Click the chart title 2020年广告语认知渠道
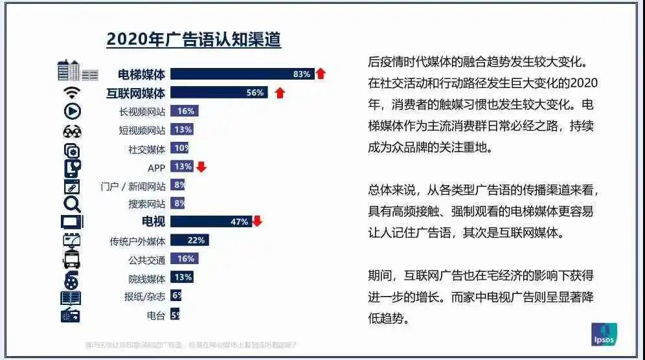pyautogui.click(x=194, y=39)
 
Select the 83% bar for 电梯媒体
pyautogui.click(x=242, y=74)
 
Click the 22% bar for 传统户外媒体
pyautogui.click(x=189, y=240)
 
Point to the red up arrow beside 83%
pyautogui.click(x=321, y=74)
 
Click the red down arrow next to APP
pyautogui.click(x=201, y=166)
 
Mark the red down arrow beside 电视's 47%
pyautogui.click(x=257, y=221)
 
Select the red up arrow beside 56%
pyautogui.click(x=280, y=93)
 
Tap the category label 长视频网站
pyautogui.click(x=142, y=111)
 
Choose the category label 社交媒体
pyautogui.click(x=147, y=149)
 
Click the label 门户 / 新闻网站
pyautogui.click(x=133, y=186)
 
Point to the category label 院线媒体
pyautogui.click(x=147, y=278)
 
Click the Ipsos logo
pyautogui.click(x=604, y=334)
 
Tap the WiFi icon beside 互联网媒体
pyautogui.click(x=71, y=93)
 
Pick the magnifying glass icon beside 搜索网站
pyautogui.click(x=71, y=205)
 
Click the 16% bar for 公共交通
pyautogui.click(x=184, y=259)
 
